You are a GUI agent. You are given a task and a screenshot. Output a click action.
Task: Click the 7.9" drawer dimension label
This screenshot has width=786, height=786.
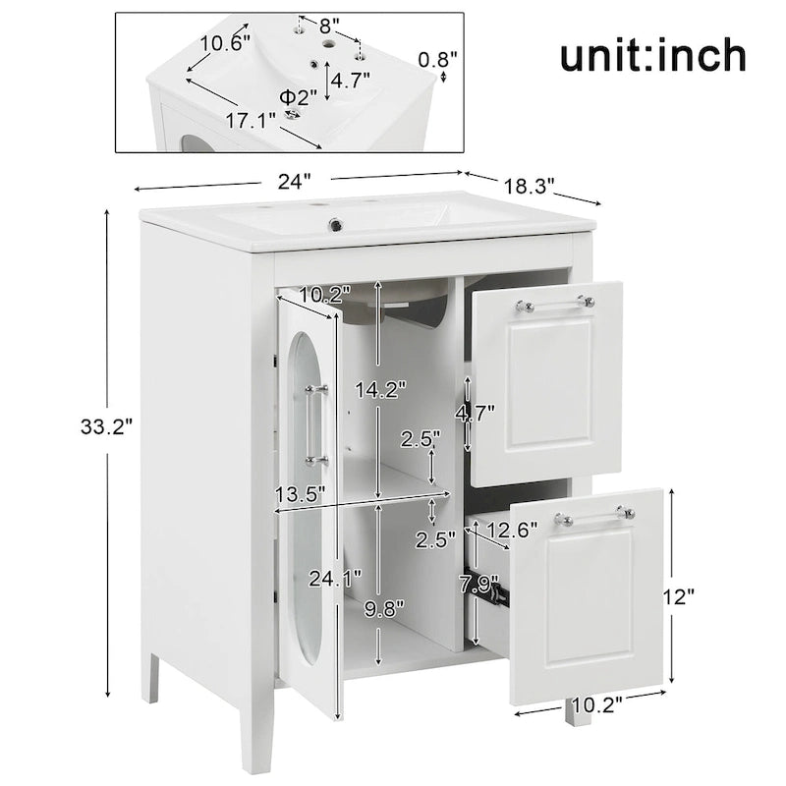[x=478, y=585]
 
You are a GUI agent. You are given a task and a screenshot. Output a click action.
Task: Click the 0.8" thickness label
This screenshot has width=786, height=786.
[x=438, y=60]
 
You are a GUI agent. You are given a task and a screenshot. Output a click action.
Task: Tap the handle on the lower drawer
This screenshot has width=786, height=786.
[x=594, y=516]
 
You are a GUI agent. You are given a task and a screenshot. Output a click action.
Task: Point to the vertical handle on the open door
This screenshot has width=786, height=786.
[x=313, y=424]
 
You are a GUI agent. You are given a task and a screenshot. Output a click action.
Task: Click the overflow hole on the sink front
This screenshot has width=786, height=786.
[x=337, y=224]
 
